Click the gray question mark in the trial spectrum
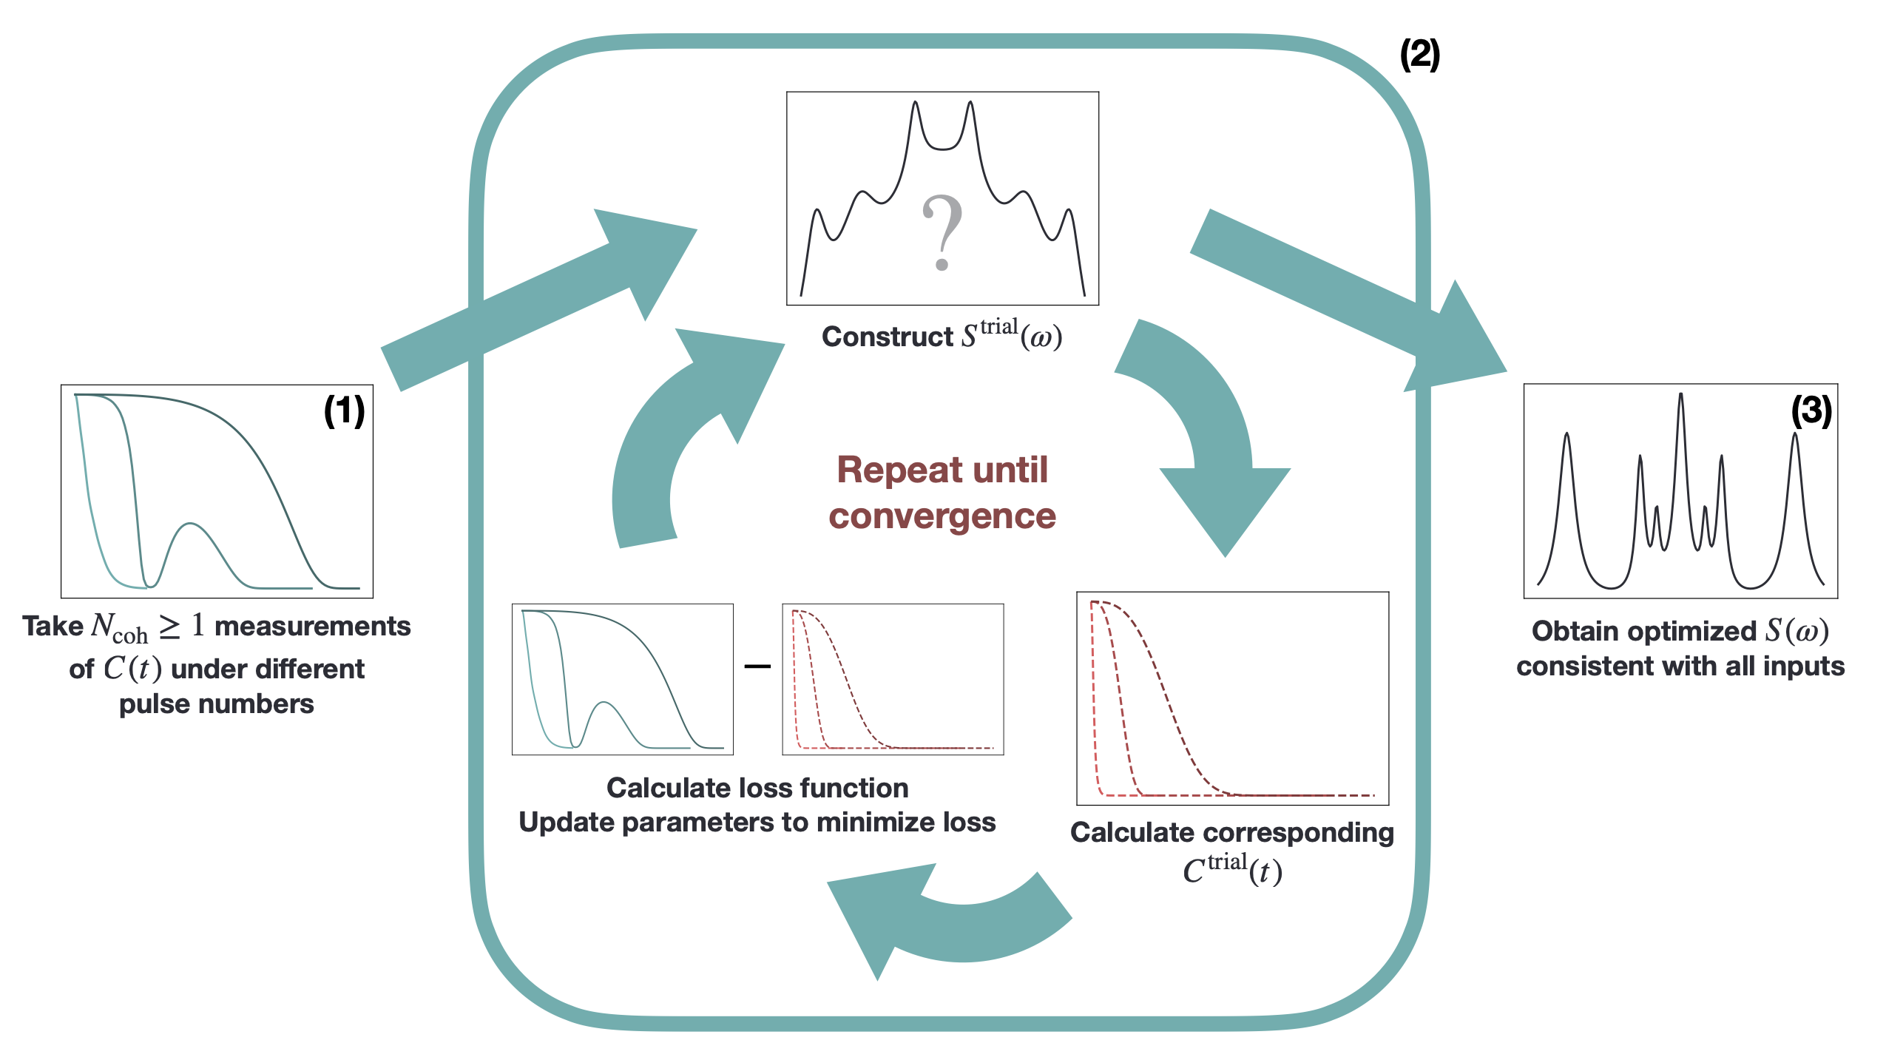942,231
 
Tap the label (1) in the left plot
344,411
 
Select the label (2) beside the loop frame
1419,55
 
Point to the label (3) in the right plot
1811,411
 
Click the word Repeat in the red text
879,470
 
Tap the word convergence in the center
942,516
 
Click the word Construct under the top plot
887,337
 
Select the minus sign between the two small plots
757,666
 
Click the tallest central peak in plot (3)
1680,399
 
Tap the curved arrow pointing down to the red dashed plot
1213,436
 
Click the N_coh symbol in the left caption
118,628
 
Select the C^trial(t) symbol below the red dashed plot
1231,870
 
